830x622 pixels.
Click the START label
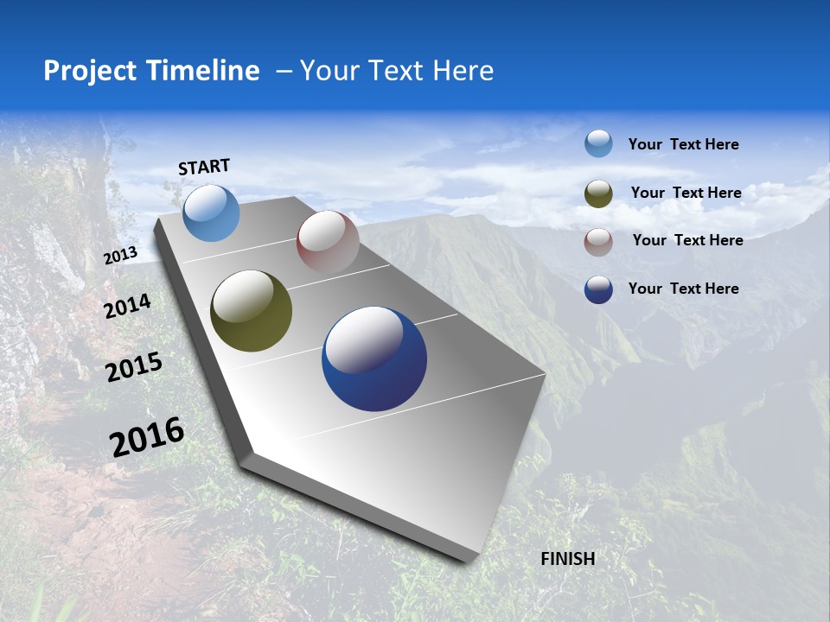click(x=204, y=167)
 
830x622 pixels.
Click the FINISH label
click(x=568, y=559)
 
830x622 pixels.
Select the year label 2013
click(x=120, y=255)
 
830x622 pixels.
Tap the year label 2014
click(x=127, y=306)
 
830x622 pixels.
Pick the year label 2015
click(x=133, y=367)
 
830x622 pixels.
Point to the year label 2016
click(x=147, y=436)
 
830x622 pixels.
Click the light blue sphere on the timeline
click(x=211, y=213)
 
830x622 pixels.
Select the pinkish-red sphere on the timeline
click(x=328, y=241)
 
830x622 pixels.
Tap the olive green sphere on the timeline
click(x=251, y=311)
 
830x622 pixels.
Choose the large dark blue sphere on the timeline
click(x=373, y=359)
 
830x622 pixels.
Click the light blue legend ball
click(x=598, y=143)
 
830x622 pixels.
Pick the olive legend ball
click(x=598, y=194)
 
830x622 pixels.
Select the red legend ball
click(x=598, y=241)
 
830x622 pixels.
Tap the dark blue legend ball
click(x=598, y=289)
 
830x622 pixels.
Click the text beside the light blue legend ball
click(x=683, y=144)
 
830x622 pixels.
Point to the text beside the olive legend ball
click(x=686, y=193)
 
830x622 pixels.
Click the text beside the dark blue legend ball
click(x=683, y=289)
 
